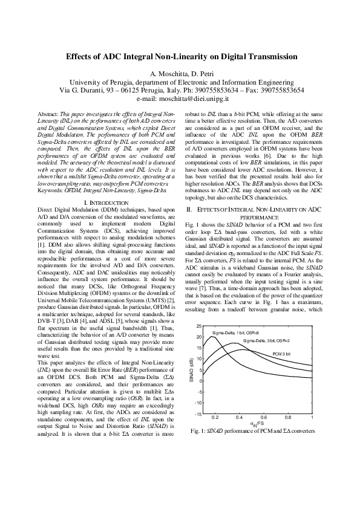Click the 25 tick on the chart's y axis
coord(199,309)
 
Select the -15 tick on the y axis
coord(198,414)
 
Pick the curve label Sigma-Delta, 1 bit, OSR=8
coord(235,316)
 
